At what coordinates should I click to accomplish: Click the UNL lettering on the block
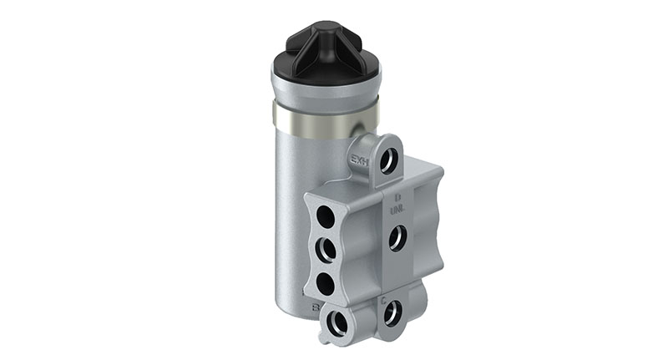click(397, 210)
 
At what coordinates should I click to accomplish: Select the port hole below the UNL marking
click(397, 238)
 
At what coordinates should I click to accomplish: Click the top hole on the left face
click(325, 218)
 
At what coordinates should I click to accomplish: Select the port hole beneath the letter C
click(392, 313)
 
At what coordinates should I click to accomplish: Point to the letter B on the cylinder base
click(316, 307)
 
